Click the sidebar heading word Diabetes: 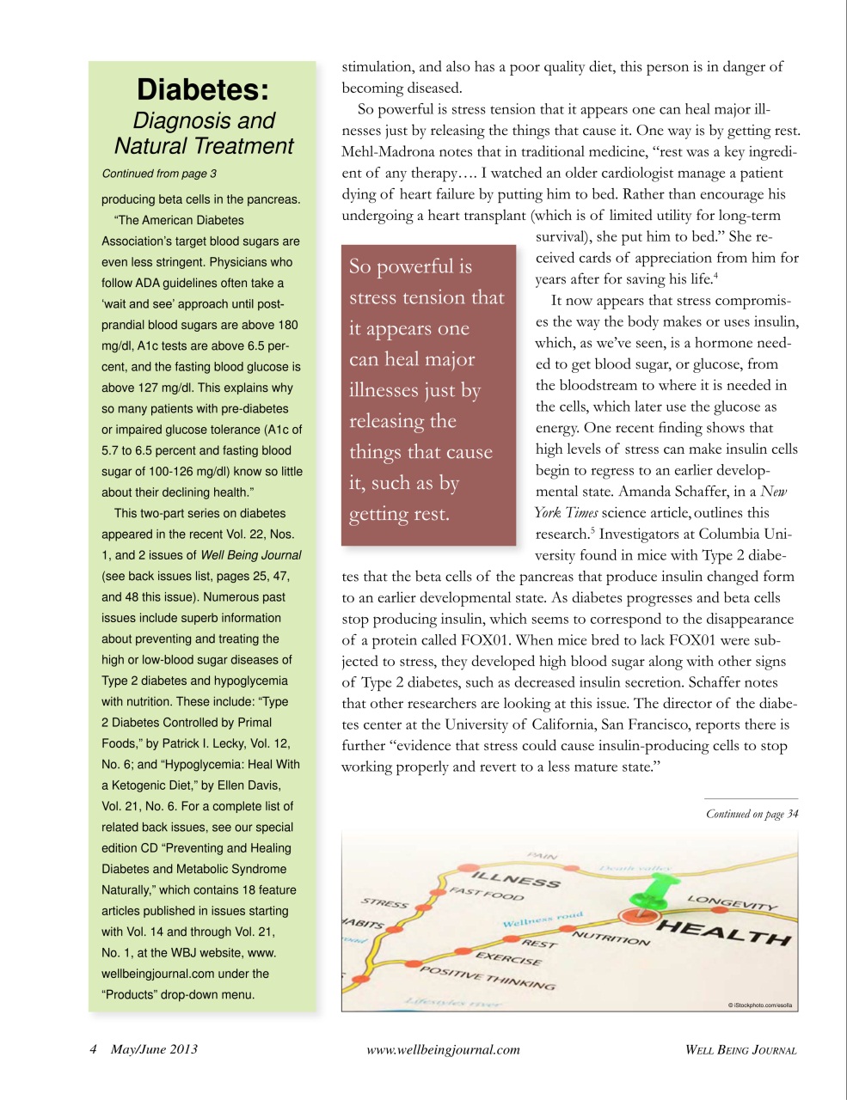pyautogui.click(x=203, y=89)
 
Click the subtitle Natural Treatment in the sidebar pyautogui.click(x=204, y=146)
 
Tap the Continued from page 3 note pyautogui.click(x=159, y=174)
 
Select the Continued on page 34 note pyautogui.click(x=752, y=814)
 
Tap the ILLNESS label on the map pyautogui.click(x=516, y=878)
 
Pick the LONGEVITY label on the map pyautogui.click(x=732, y=901)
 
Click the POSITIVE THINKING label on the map pyautogui.click(x=487, y=978)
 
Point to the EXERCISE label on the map pyautogui.click(x=508, y=958)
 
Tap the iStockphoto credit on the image pyautogui.click(x=760, y=1005)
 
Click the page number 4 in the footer pyautogui.click(x=93, y=1049)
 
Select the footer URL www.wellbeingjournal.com pyautogui.click(x=443, y=1049)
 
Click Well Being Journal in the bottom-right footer pyautogui.click(x=740, y=1049)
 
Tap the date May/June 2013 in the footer pyautogui.click(x=154, y=1049)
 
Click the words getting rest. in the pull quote pyautogui.click(x=399, y=514)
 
